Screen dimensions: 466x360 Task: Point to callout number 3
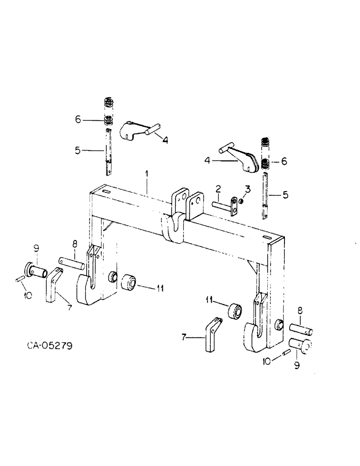248,188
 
